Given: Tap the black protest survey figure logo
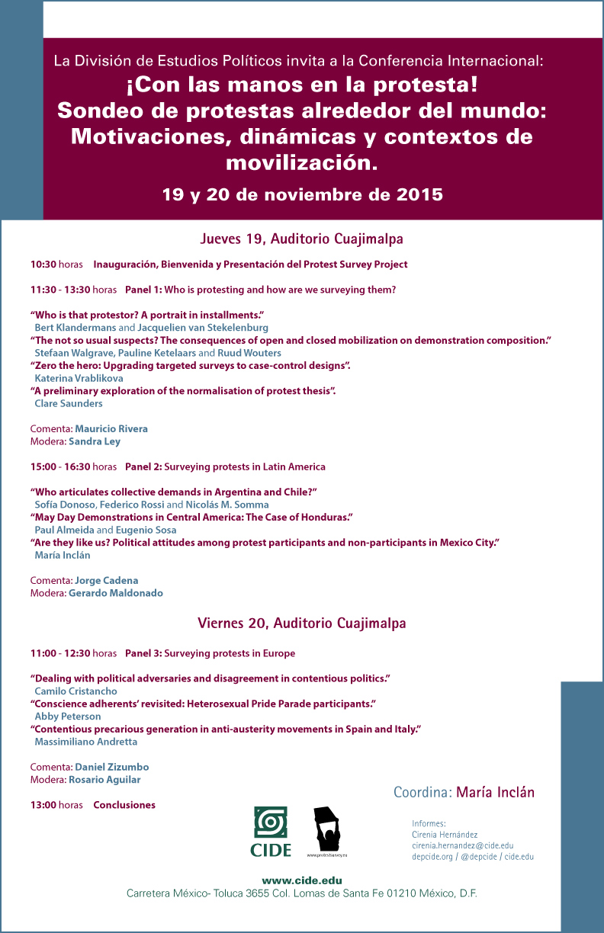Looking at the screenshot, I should coord(327,832).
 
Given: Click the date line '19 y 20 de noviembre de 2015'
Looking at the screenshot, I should coord(302,194).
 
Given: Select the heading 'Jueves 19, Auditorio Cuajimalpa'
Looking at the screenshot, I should coord(301,239).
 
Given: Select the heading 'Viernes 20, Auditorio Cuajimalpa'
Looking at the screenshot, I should coord(301,623).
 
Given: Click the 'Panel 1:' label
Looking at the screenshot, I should coord(143,290).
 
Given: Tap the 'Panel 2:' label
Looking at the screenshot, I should coord(143,466).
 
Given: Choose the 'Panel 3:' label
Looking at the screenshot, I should coord(143,653).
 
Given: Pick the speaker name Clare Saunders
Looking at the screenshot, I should coord(69,403).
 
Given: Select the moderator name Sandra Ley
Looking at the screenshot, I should coord(95,441).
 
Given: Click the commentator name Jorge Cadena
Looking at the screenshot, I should coord(107,580).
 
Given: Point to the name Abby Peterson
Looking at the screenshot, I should coord(68,717).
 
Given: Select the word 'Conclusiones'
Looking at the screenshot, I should coord(124,805).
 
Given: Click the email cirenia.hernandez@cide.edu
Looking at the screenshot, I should coord(462,845).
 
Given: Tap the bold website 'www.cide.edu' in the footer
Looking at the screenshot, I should coord(301,880).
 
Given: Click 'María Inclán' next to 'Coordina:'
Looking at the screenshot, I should coord(495,792).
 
